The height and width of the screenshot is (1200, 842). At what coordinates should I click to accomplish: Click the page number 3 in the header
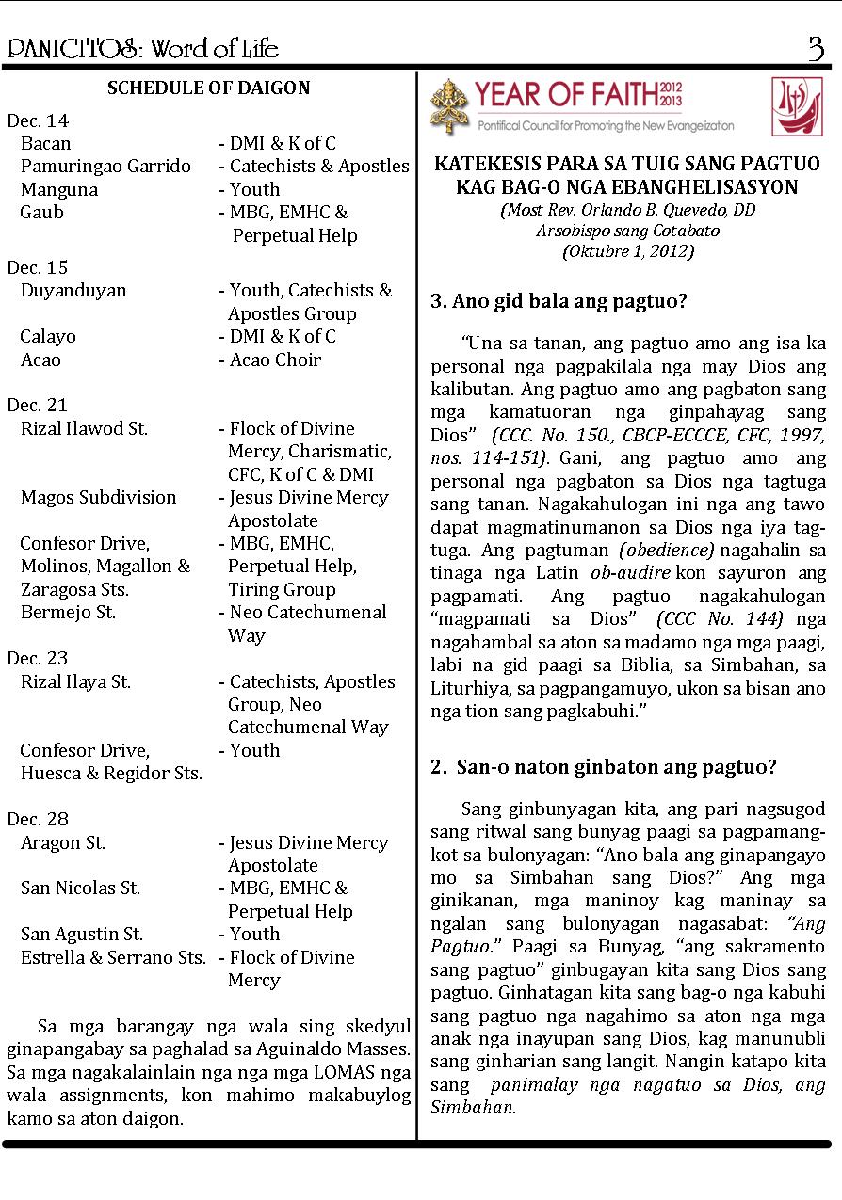815,48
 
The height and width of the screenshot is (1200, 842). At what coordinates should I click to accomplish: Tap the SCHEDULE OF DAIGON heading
208,88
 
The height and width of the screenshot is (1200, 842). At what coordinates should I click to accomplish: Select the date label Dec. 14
38,120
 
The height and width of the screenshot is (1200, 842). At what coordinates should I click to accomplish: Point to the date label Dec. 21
38,405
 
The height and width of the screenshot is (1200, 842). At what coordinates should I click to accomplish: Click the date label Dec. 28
38,819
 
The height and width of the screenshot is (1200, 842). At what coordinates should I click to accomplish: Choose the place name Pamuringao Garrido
105,167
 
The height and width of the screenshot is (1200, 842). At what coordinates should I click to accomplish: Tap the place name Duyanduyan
73,290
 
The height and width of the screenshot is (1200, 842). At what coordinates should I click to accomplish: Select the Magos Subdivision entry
99,497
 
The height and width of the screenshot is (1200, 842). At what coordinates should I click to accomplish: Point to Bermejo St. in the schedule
69,613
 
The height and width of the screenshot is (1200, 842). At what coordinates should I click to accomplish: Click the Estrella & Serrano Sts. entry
113,957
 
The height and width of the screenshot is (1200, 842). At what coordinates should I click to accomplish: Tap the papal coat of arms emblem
449,105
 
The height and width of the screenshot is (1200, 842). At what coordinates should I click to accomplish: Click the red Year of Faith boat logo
796,105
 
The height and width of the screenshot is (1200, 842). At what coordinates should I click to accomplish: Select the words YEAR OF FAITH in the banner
567,95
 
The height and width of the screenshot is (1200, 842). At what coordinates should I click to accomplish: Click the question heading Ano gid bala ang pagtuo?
559,302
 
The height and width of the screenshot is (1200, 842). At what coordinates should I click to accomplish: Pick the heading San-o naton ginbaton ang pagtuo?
603,767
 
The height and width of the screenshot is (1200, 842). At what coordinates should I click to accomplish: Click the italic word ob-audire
630,573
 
